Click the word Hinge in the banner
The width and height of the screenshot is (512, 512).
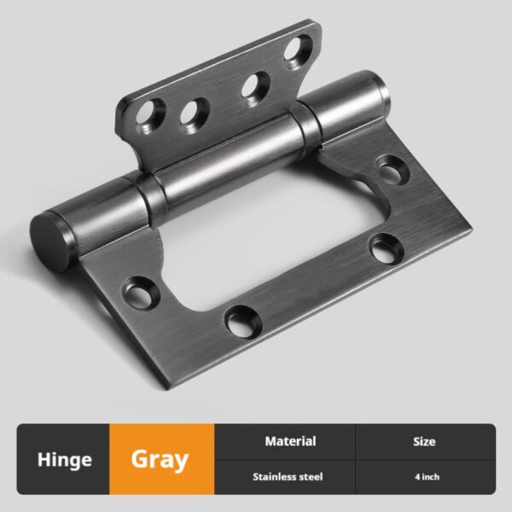65,460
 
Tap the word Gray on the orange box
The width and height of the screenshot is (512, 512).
160,460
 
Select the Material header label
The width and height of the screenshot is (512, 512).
290,441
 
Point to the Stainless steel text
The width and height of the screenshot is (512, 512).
288,477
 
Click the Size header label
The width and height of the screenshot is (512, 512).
424,441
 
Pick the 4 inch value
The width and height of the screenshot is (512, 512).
428,477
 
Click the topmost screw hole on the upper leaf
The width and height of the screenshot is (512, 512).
298,51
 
